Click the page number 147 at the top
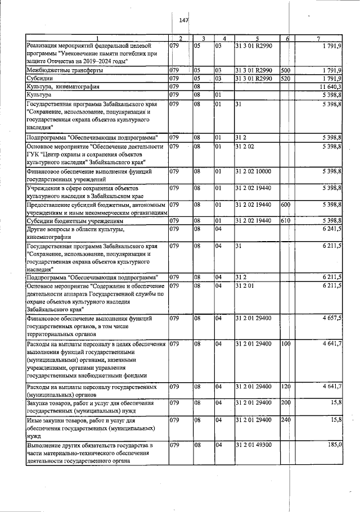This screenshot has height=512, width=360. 183,20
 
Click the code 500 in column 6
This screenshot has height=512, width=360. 285,70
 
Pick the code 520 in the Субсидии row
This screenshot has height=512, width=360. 285,79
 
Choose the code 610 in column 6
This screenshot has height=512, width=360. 285,221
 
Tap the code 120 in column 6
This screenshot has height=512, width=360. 285,387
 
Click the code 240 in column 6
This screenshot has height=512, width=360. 285,419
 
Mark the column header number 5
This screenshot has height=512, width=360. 256,38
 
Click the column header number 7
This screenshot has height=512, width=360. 318,38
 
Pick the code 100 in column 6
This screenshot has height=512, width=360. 285,343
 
